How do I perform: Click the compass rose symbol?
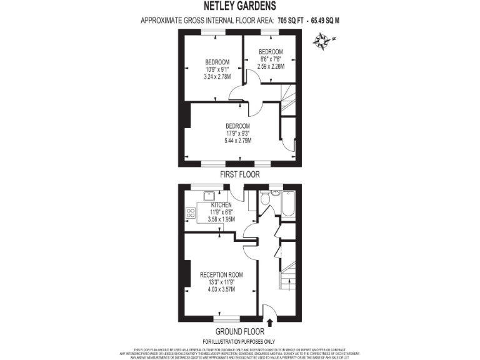323,42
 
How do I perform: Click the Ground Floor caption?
239,331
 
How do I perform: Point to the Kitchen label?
221,205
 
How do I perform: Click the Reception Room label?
221,275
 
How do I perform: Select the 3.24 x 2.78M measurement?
217,77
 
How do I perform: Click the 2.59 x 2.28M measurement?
271,66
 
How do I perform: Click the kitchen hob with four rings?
190,213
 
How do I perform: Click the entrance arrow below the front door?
270,322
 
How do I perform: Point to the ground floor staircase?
288,276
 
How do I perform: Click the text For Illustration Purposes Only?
239,341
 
